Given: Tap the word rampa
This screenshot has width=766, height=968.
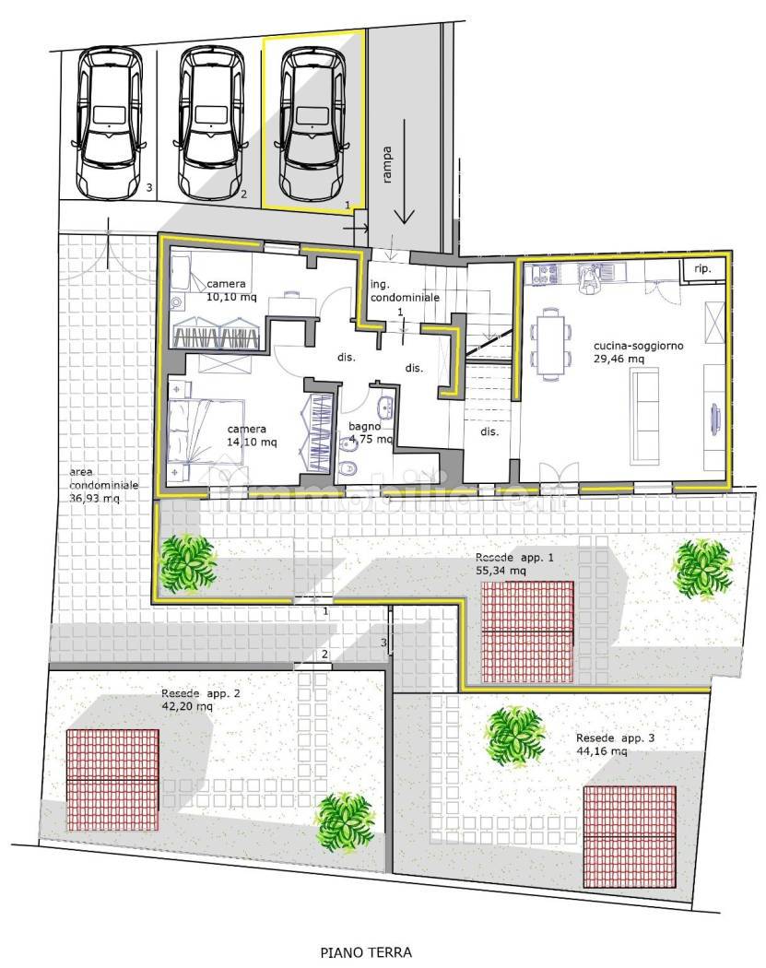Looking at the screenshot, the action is pyautogui.click(x=387, y=164).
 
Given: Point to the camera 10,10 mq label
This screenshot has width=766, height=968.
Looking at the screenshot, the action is pyautogui.click(x=231, y=290).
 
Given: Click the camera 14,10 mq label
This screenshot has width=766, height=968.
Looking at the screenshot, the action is pyautogui.click(x=252, y=435).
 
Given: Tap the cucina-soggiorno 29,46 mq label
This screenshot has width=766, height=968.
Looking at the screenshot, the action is pyautogui.click(x=638, y=352).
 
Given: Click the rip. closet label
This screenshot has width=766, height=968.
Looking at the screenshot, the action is pyautogui.click(x=702, y=268).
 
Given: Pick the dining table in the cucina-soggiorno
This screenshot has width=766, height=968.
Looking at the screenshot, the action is pyautogui.click(x=550, y=345).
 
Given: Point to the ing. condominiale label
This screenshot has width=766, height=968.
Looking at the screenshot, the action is pyautogui.click(x=405, y=290).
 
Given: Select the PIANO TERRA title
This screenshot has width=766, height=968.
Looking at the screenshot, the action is pyautogui.click(x=366, y=952).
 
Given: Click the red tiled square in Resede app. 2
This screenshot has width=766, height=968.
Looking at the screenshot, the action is pyautogui.click(x=112, y=780).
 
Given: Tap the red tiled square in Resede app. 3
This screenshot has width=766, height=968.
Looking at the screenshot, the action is pyautogui.click(x=630, y=836).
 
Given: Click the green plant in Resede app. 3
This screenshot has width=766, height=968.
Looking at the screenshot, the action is pyautogui.click(x=514, y=737).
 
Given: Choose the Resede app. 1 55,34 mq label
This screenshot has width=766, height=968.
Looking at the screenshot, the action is pyautogui.click(x=514, y=564).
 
